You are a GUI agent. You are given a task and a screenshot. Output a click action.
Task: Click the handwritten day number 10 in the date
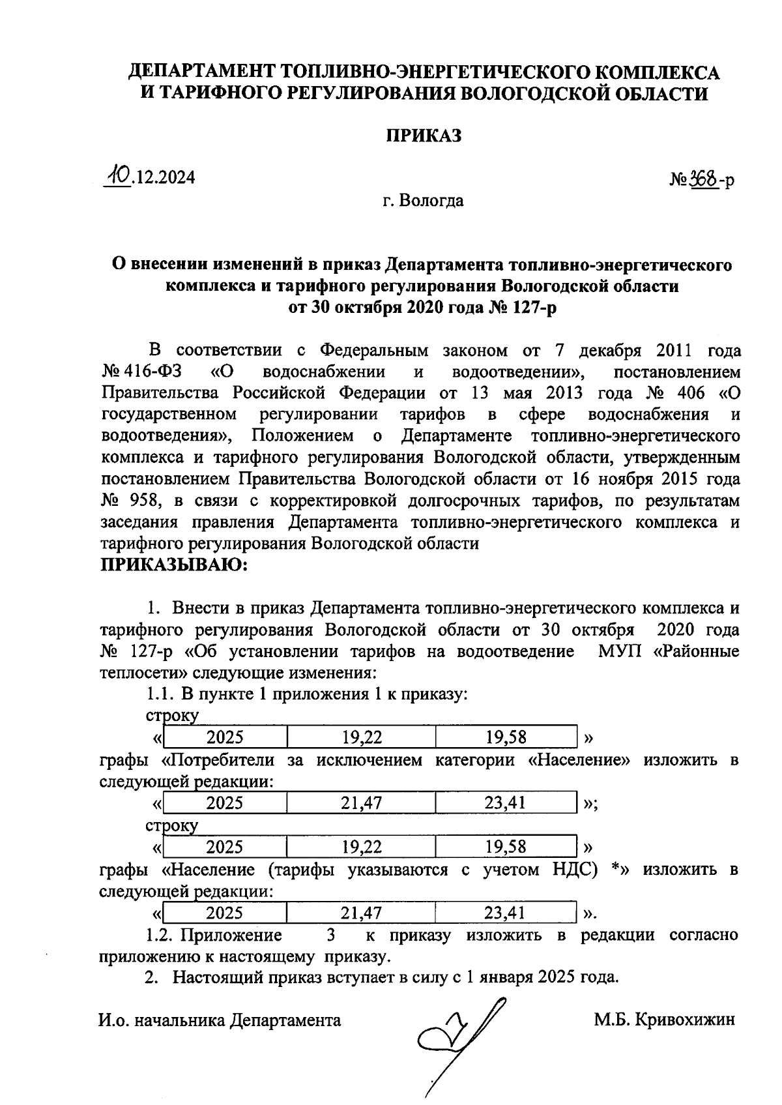click(119, 175)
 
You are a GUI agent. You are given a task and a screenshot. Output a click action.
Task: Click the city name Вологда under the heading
click(431, 200)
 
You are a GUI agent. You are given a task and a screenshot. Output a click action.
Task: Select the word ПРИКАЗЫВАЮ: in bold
click(173, 565)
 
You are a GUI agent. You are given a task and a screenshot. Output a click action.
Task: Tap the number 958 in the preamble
click(143, 501)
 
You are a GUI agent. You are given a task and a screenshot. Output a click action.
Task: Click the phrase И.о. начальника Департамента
click(220, 1020)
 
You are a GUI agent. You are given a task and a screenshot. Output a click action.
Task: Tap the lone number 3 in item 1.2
click(331, 935)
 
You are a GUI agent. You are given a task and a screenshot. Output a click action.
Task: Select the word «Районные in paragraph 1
click(696, 651)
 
